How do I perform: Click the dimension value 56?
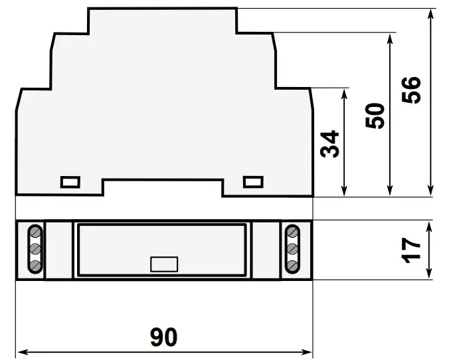point(412,90)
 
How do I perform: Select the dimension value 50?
point(376,116)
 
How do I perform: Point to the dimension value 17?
point(412,249)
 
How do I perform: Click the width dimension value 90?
point(163,337)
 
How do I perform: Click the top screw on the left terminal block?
point(35,232)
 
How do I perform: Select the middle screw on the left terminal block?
point(35,249)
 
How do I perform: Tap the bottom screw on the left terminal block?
point(35,266)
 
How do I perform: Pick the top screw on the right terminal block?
point(292,232)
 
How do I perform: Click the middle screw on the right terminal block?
point(292,249)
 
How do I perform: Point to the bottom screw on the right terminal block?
point(292,266)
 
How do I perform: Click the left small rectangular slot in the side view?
point(70,181)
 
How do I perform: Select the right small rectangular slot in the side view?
point(253,181)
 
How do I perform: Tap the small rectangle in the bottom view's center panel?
point(164,264)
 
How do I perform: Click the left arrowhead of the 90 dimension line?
point(20,351)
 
